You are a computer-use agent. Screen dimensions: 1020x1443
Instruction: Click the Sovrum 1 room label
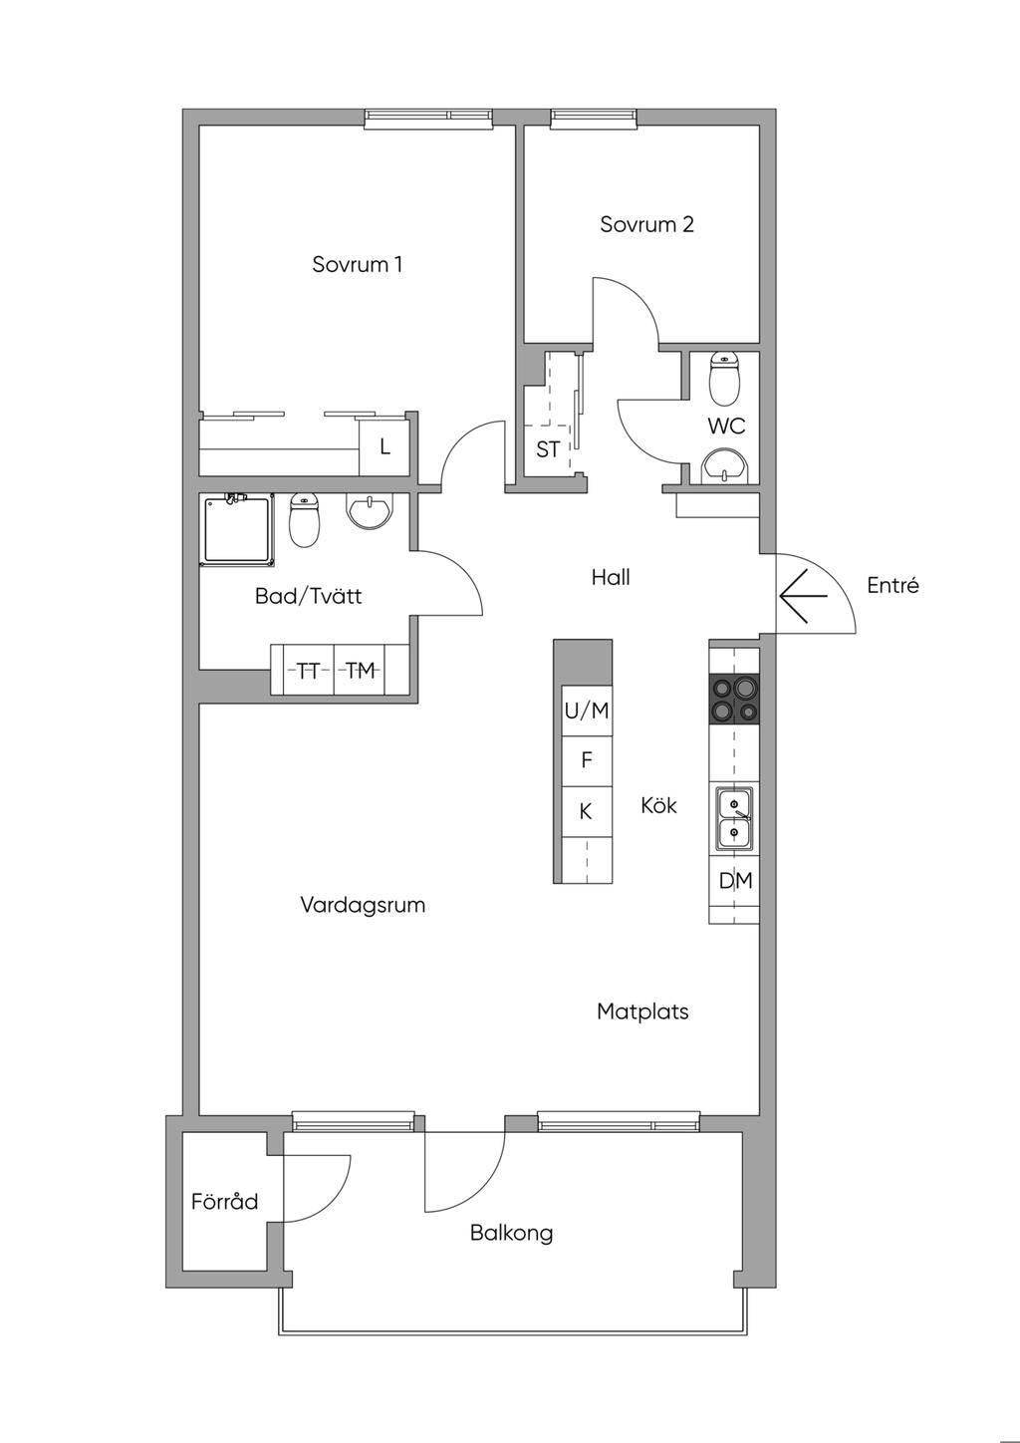tap(358, 264)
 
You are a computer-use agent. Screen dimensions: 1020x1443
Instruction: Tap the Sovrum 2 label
tap(646, 224)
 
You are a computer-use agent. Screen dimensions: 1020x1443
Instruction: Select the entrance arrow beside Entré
tap(803, 596)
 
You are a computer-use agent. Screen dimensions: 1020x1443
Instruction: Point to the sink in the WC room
tap(725, 465)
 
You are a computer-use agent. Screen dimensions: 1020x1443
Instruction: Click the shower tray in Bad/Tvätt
tap(239, 530)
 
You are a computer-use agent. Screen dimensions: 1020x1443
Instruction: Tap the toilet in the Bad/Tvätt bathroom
tap(305, 520)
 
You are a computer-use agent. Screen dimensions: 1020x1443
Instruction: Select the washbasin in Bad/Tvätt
tap(369, 511)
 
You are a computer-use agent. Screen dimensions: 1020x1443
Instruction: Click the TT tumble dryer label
tap(309, 672)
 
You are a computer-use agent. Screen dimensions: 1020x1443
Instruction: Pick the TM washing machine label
tap(361, 672)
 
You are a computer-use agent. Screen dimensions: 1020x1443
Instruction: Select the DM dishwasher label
tap(735, 881)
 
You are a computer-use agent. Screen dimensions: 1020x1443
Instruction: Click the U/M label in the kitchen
tap(586, 711)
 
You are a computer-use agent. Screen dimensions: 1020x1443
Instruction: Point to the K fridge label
tap(586, 811)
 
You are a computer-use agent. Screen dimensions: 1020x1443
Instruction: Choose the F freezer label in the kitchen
tap(586, 760)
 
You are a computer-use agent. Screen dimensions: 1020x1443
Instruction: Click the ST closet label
tap(548, 449)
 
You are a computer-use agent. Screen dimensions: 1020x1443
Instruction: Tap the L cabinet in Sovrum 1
tap(384, 446)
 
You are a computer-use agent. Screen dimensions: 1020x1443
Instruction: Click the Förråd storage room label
tap(225, 1202)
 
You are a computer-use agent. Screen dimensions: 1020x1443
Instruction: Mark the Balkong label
tap(511, 1233)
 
